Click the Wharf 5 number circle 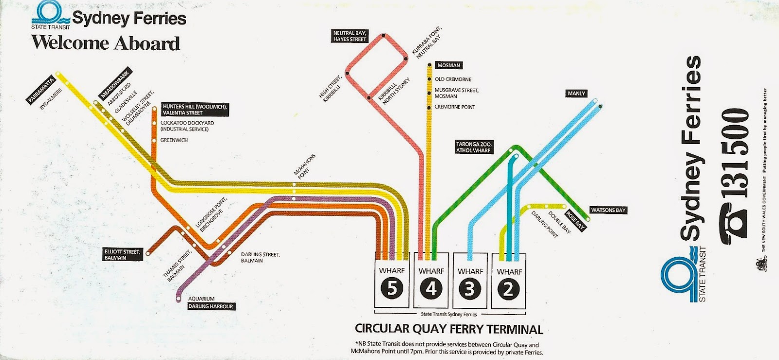tap(392, 289)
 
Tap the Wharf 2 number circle tap(508, 289)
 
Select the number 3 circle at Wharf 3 tap(469, 289)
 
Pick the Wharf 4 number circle tap(431, 289)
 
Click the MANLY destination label tap(576, 94)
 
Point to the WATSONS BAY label tap(608, 210)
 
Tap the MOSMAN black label tap(448, 65)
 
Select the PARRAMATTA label tap(41, 90)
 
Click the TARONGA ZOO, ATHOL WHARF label tap(474, 147)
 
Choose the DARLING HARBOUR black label tap(211, 306)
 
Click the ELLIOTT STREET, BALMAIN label tap(122, 254)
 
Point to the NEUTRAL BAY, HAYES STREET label tap(350, 36)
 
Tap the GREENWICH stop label tap(174, 140)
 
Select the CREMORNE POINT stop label tap(455, 107)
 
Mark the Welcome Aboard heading tap(106, 43)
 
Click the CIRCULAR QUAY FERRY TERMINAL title tap(449, 329)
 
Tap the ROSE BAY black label tap(575, 220)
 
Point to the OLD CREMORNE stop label tap(453, 79)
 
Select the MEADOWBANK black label tap(115, 83)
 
